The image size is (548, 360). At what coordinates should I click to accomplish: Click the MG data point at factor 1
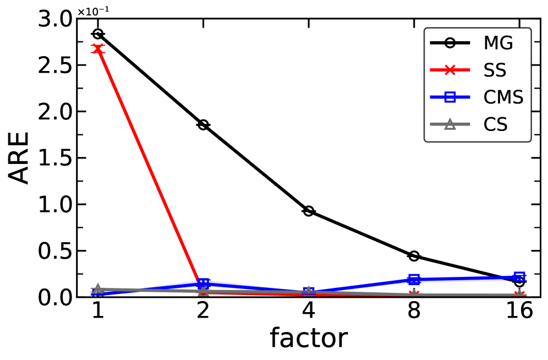coord(97,34)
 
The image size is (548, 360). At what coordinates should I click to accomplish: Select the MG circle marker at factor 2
coord(203,125)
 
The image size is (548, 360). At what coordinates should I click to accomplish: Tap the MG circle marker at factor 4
coord(309,211)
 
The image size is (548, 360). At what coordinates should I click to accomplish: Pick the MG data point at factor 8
coord(414,256)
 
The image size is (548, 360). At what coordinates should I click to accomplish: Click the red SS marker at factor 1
coord(97,49)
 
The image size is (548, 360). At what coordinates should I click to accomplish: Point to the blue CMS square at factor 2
coord(203,283)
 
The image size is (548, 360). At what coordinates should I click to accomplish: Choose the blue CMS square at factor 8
coord(414,280)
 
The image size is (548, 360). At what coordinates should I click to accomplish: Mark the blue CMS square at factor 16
coord(519,277)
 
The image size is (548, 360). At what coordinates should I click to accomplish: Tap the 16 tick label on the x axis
coord(519,312)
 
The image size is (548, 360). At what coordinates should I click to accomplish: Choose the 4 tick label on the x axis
coord(309,312)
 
